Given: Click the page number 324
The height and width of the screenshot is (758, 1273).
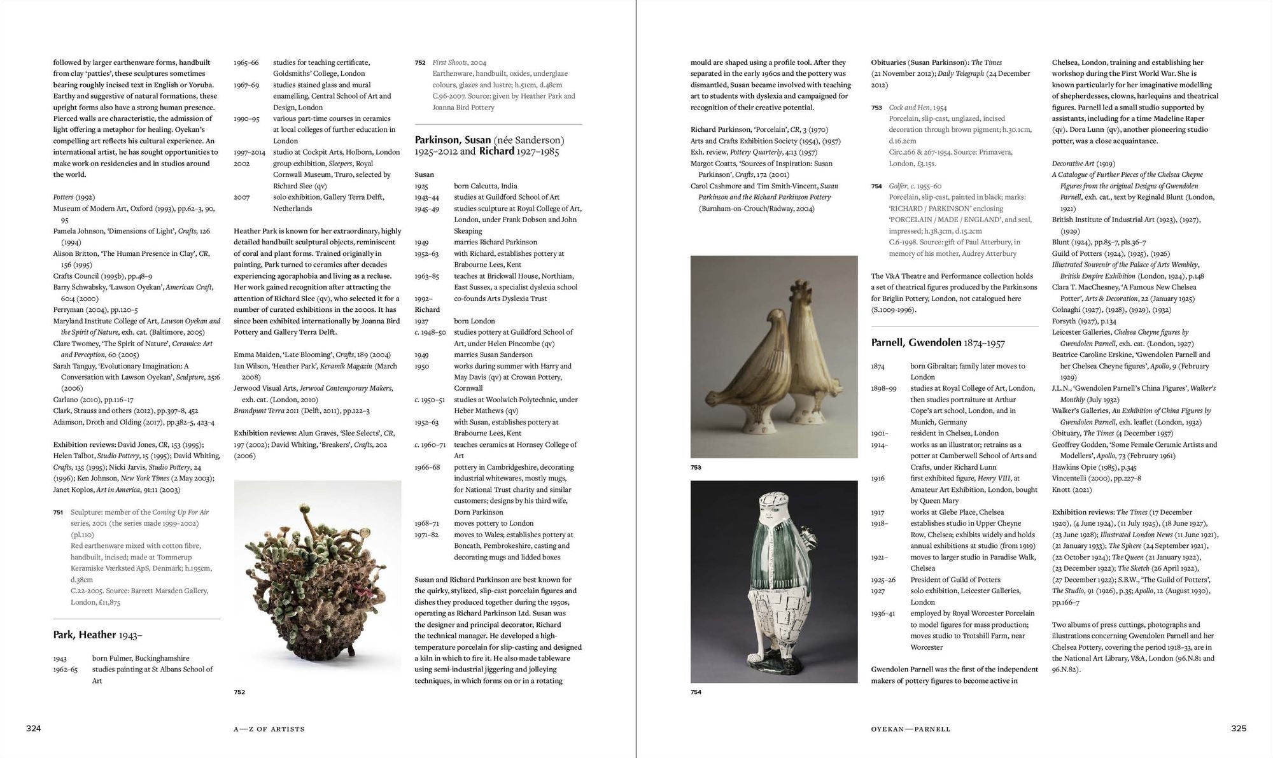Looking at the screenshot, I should click(33, 729).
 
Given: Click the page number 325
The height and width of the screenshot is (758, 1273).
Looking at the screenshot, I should click(1238, 729).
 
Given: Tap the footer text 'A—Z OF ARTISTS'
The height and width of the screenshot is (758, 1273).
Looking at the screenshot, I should click(269, 729).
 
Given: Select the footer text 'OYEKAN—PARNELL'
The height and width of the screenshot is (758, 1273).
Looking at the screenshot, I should click(910, 729).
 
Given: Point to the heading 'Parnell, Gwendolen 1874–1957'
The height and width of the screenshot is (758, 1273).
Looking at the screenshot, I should click(938, 343).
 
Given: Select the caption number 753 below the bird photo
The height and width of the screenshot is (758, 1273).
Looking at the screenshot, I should click(696, 468).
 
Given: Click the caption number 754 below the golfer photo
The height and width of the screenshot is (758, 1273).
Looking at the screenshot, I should click(696, 692).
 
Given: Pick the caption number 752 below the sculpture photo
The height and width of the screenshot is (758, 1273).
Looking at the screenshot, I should click(239, 692).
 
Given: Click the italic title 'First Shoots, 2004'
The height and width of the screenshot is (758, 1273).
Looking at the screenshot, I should click(459, 62).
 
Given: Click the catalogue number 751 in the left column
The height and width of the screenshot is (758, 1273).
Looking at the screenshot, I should click(58, 512).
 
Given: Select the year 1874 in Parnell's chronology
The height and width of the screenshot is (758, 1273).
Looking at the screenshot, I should click(879, 366).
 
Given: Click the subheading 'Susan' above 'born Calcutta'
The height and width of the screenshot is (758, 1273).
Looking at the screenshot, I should click(424, 174).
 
